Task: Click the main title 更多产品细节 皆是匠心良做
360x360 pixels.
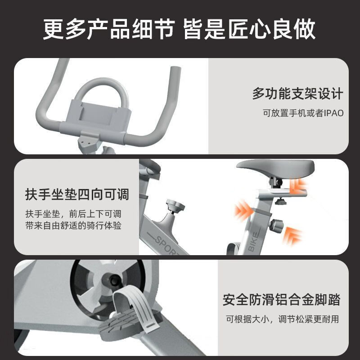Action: point(179,29)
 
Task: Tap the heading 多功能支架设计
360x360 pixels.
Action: point(297,94)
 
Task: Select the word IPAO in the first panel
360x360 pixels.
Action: point(333,113)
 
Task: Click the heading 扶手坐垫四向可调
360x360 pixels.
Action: point(77,194)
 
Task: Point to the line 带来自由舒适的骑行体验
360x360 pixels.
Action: point(73,225)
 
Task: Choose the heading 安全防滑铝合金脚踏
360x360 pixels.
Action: point(281,299)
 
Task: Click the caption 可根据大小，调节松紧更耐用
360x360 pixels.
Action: point(283,319)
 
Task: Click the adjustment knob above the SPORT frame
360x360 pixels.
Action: point(175,205)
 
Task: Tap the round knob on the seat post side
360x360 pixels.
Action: point(277,226)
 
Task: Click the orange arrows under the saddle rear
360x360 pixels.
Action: point(298,185)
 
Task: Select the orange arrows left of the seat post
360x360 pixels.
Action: point(243,210)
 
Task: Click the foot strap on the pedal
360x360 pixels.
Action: point(135,308)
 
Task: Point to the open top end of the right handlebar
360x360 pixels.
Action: point(175,68)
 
